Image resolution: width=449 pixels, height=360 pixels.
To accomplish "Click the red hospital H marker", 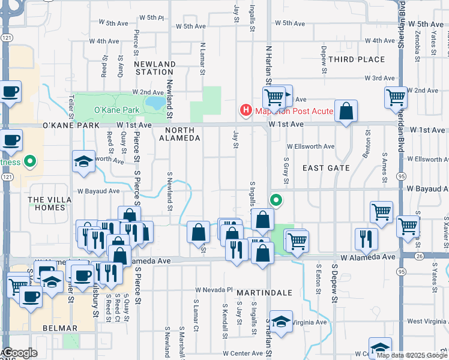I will coord(246,110).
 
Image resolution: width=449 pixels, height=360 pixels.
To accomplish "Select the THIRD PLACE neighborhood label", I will coord(357,59).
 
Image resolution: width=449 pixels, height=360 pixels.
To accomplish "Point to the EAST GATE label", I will coord(326,168).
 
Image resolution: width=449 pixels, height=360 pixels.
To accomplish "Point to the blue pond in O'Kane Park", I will coord(155,103).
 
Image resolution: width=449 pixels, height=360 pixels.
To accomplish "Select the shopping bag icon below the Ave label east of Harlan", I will coord(346,111).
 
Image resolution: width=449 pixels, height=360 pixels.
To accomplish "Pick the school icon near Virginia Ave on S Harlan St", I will coord(280,322).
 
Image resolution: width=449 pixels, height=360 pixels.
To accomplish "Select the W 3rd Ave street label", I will coord(381,78).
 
